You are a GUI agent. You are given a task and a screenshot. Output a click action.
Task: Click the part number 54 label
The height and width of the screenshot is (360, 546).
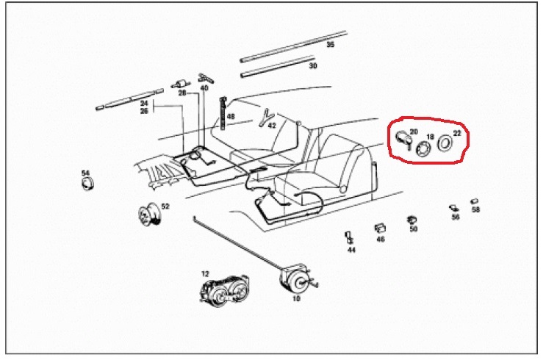click(x=86, y=173)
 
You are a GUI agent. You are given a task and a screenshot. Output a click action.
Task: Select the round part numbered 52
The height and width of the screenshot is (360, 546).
click(x=149, y=214)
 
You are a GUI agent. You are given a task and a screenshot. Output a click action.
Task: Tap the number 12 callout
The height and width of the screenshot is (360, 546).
click(x=206, y=274)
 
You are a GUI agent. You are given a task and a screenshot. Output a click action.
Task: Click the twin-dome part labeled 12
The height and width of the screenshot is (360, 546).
click(x=225, y=290)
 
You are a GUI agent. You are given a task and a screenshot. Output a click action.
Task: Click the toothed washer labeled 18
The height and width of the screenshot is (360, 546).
click(x=424, y=148)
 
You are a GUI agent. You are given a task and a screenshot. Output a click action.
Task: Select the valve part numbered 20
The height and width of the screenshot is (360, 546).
click(x=403, y=138)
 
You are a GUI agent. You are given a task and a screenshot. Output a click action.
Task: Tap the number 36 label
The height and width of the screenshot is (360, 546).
click(x=330, y=45)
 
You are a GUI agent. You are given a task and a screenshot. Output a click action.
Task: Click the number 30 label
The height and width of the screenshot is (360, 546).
click(x=313, y=65)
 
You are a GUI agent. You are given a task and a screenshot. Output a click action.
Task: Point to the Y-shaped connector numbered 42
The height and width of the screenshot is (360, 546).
click(x=266, y=118)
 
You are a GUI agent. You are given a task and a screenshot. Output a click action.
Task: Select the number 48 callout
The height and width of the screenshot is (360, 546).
click(x=231, y=117)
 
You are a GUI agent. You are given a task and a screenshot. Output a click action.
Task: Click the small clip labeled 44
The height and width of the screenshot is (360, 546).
click(x=348, y=238)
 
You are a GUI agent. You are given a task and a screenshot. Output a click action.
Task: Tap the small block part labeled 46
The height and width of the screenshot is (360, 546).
click(x=379, y=228)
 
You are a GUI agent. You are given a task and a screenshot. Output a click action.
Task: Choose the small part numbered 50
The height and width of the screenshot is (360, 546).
click(x=412, y=220)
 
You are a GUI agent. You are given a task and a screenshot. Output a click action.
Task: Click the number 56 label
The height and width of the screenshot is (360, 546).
click(x=456, y=217)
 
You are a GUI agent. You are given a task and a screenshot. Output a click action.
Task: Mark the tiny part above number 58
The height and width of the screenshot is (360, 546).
click(x=474, y=201)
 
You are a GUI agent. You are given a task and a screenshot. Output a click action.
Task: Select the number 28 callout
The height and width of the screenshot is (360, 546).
click(x=182, y=93)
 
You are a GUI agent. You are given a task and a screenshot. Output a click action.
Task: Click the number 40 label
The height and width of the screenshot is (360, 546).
click(x=204, y=87)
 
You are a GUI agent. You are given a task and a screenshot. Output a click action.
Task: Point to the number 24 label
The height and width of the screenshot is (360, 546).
click(x=144, y=104)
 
